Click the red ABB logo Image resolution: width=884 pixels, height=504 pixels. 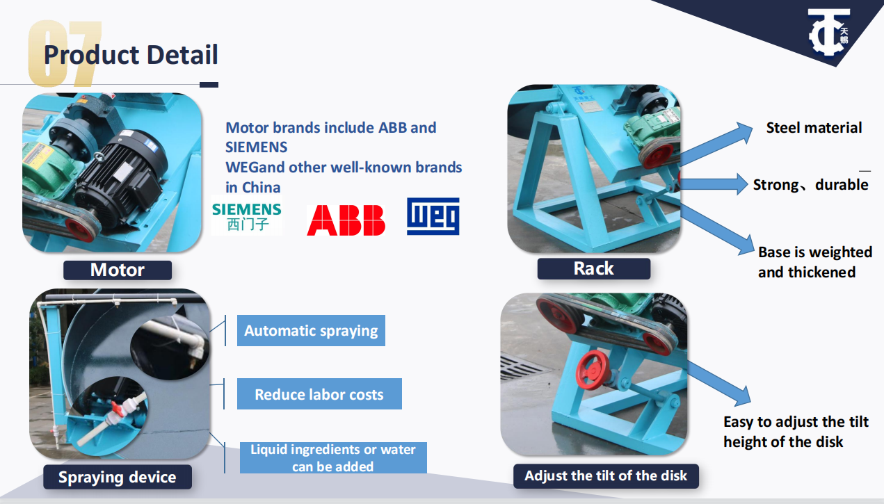click(x=346, y=220)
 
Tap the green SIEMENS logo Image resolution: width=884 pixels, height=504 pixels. click(x=247, y=216)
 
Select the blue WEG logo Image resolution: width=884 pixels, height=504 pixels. click(x=433, y=216)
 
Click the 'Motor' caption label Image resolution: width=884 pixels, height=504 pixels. click(x=118, y=270)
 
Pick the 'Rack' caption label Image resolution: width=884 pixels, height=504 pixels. click(x=593, y=268)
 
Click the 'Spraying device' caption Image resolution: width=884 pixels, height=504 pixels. click(x=118, y=477)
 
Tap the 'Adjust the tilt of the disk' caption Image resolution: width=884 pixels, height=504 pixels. click(x=606, y=475)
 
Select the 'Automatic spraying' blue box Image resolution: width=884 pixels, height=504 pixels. click(x=311, y=330)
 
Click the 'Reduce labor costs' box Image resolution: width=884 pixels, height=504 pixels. click(x=319, y=394)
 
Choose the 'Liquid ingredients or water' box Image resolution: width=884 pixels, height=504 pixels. click(x=333, y=457)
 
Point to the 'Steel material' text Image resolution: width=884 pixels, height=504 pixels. click(x=814, y=128)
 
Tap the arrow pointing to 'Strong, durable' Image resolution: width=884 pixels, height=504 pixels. click(x=714, y=184)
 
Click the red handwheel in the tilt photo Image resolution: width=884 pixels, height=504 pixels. click(x=593, y=370)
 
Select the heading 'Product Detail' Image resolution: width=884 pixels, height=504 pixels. click(x=131, y=54)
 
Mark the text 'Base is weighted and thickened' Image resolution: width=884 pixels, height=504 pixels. click(x=814, y=262)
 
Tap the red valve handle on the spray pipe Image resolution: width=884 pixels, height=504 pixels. click(x=118, y=409)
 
